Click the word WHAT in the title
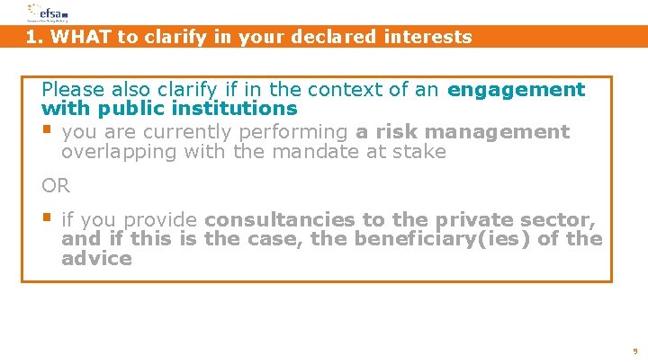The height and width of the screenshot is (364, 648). pos(76,37)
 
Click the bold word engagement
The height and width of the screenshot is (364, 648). pos(516,90)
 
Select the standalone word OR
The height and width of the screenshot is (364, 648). pos(55,186)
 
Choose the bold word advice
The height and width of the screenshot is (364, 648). pos(96,259)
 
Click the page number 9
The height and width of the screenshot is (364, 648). pos(635,351)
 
